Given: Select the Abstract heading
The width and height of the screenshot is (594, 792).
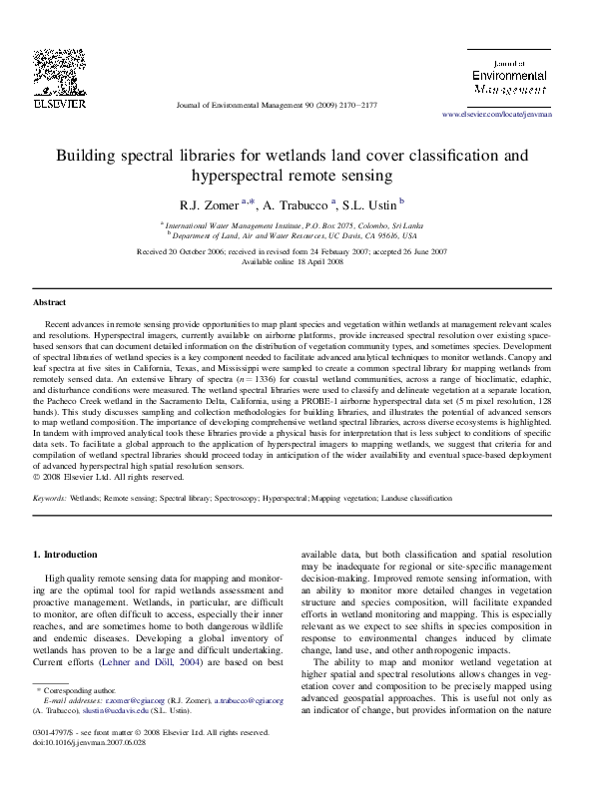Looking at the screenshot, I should tap(49, 301).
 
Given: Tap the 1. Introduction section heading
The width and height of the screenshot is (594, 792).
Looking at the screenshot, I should tap(66, 554).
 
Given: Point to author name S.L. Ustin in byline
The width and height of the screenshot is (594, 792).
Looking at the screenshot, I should tap(370, 203).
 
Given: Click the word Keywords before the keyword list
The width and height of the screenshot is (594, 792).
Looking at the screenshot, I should tap(50, 497).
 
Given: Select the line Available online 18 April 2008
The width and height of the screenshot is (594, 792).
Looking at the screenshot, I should tap(297, 261).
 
